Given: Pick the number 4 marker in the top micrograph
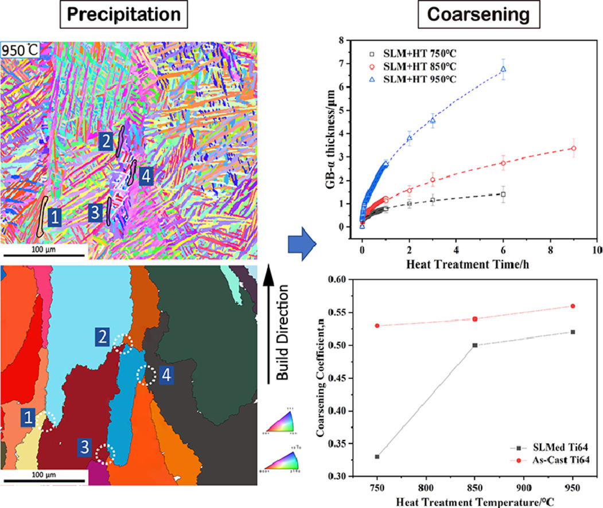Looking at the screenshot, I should coord(146,178).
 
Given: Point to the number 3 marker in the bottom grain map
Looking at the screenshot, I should coord(84,446).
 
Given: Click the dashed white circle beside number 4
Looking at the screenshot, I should coord(146,376).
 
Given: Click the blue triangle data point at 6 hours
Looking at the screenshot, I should coord(503,69).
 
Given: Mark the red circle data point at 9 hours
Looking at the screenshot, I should coord(574,148).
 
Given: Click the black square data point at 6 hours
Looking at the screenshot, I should coord(503,194).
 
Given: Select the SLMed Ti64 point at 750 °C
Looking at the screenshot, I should coord(377,456).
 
